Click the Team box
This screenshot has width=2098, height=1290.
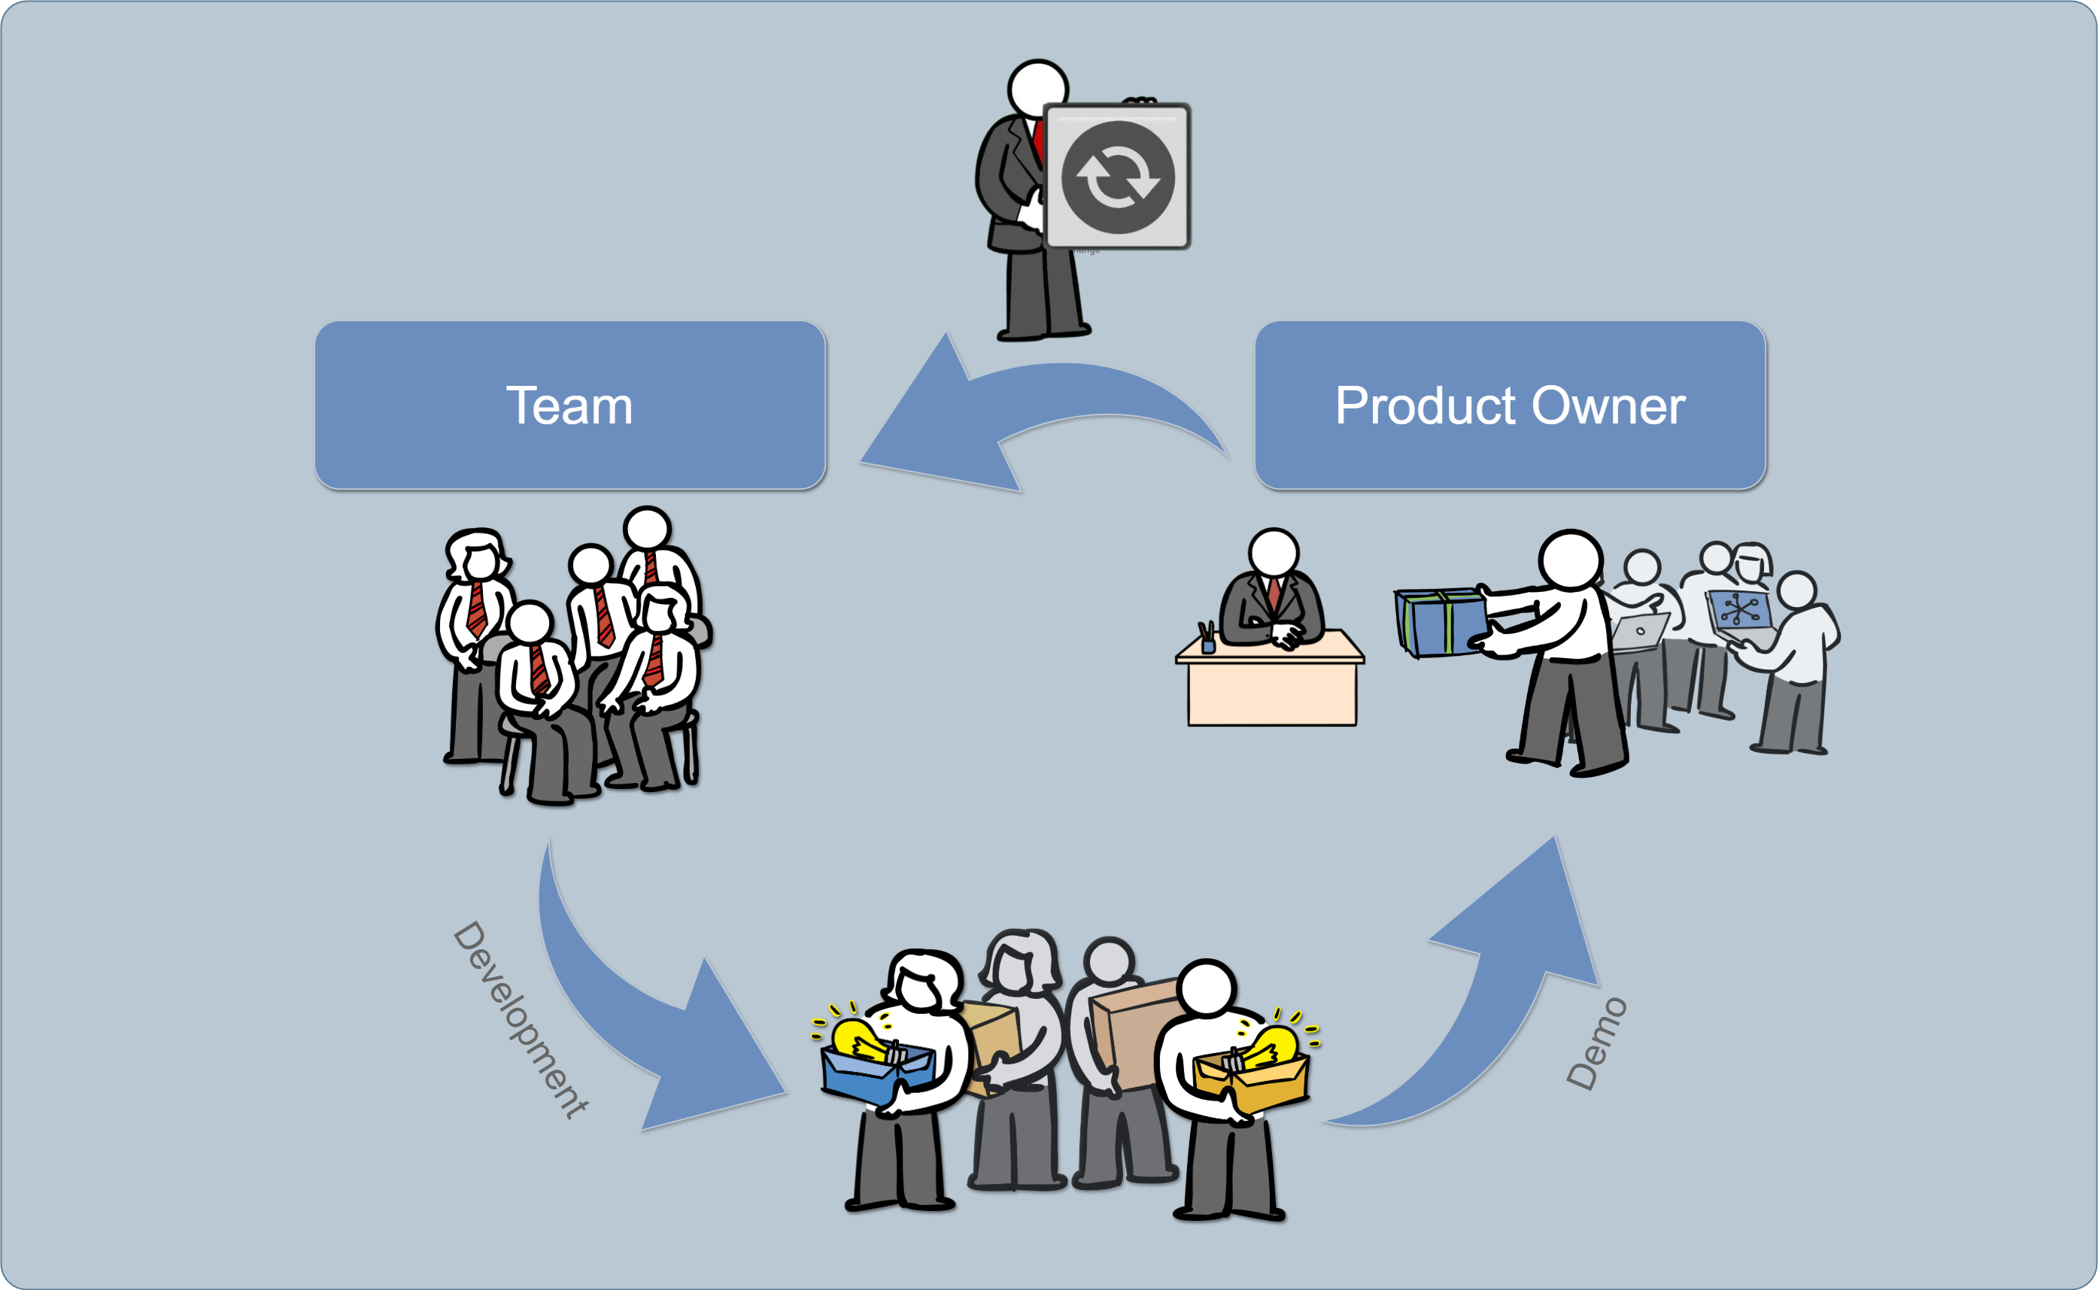click(x=570, y=405)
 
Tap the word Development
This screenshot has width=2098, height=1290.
click(x=521, y=1019)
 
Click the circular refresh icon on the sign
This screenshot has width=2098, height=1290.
click(x=1117, y=178)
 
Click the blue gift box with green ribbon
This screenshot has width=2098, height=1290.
click(x=1441, y=622)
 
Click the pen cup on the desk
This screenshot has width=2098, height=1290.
click(x=1207, y=642)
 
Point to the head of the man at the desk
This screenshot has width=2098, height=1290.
click(x=1273, y=552)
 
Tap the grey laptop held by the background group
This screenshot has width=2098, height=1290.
click(x=1640, y=631)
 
